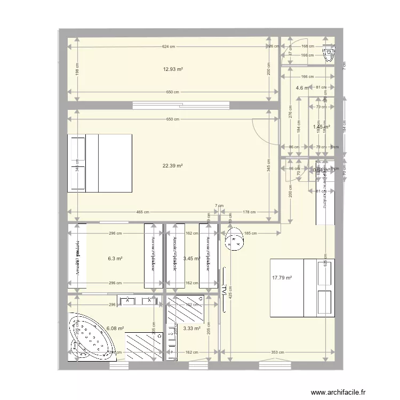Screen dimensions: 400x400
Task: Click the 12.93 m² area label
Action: [173, 69]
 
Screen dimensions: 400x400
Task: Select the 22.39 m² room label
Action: [173, 166]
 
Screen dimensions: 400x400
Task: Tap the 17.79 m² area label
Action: [281, 277]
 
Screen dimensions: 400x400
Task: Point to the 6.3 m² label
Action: [115, 259]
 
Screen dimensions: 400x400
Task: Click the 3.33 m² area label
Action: [191, 329]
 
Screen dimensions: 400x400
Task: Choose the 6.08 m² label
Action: [115, 329]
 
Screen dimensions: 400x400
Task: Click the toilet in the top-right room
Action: [330, 52]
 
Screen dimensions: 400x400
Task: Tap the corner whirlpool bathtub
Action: [88, 337]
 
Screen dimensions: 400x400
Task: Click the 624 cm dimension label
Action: [168, 47]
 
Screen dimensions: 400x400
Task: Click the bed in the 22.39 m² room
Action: [100, 163]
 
